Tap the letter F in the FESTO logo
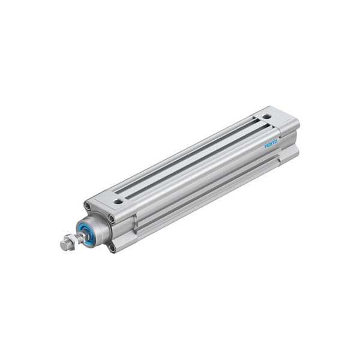(x=267, y=146)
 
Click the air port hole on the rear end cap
(x=266, y=116)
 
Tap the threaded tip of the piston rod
(x=64, y=245)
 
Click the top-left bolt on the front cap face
(x=88, y=207)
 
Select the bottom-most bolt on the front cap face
(x=112, y=247)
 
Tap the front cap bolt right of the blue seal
(x=112, y=220)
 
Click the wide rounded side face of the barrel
(x=198, y=180)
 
